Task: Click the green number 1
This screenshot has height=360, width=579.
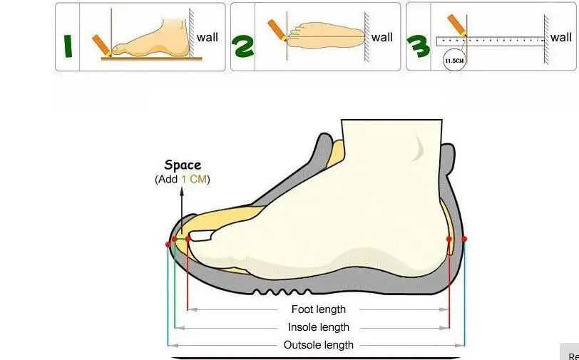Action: pyautogui.click(x=68, y=45)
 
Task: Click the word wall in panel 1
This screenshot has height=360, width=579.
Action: pyautogui.click(x=207, y=37)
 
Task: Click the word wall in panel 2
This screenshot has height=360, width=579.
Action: pyautogui.click(x=382, y=37)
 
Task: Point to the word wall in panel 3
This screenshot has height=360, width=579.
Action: pyautogui.click(x=560, y=37)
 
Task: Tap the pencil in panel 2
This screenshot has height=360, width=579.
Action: pyautogui.click(x=277, y=30)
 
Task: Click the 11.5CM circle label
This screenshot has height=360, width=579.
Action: pyautogui.click(x=454, y=61)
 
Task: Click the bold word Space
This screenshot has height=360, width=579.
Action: pyautogui.click(x=183, y=165)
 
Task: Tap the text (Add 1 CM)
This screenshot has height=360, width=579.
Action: pyautogui.click(x=183, y=180)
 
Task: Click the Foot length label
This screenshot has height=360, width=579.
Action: pyautogui.click(x=319, y=309)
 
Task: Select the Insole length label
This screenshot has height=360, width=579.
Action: pyautogui.click(x=319, y=327)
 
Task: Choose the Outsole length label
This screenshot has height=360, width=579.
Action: pyautogui.click(x=319, y=345)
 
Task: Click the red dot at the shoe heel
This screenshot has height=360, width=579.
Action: pyautogui.click(x=464, y=239)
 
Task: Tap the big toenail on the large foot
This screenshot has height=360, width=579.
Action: pyautogui.click(x=200, y=236)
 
